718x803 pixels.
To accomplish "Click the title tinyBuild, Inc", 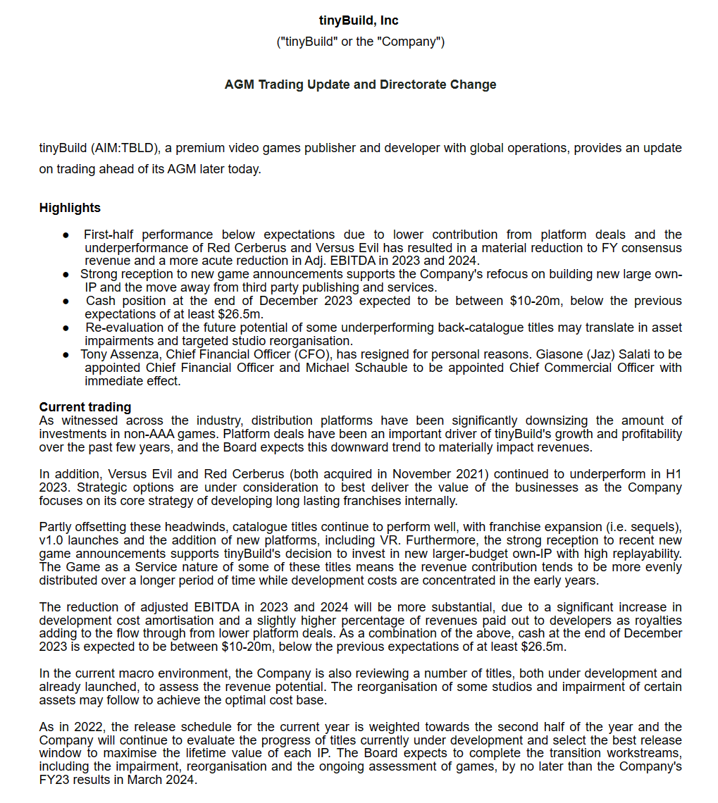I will click(359, 20).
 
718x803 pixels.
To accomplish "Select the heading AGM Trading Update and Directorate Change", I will click(360, 85).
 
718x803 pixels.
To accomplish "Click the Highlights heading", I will click(70, 208).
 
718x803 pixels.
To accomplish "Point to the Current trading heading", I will click(85, 407).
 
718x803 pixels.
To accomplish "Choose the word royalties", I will click(659, 621).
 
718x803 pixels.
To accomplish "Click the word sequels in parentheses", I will click(656, 528).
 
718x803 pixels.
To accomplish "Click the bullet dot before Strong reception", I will click(66, 274).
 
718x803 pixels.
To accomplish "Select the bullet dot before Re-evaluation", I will click(66, 328).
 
